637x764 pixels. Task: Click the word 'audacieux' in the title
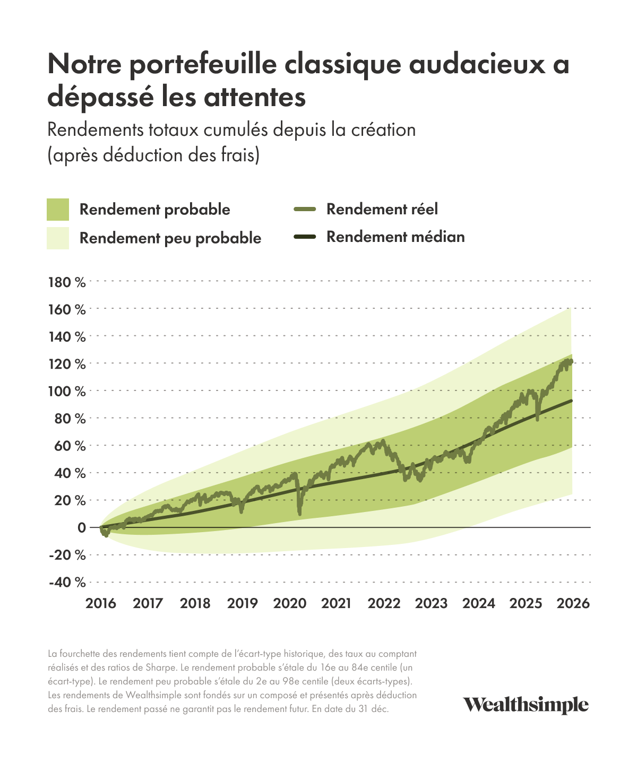pyautogui.click(x=477, y=64)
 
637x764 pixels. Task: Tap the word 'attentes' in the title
pyautogui.click(x=254, y=97)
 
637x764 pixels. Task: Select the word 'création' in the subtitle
pyautogui.click(x=383, y=130)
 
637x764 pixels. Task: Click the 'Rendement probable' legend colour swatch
pyautogui.click(x=58, y=209)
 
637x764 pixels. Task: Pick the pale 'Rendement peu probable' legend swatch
pyautogui.click(x=58, y=238)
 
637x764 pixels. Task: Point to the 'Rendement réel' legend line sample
pyautogui.click(x=305, y=209)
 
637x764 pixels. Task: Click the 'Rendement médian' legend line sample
pyautogui.click(x=305, y=237)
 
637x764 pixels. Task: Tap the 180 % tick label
pyautogui.click(x=67, y=282)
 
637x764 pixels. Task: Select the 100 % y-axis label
pyautogui.click(x=67, y=392)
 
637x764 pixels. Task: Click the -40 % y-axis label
pyautogui.click(x=67, y=582)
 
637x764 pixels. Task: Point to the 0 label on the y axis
pyautogui.click(x=82, y=527)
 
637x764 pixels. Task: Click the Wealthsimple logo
pyautogui.click(x=526, y=705)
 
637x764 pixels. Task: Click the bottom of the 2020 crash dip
pyautogui.click(x=300, y=514)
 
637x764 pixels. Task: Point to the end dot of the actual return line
pyautogui.click(x=571, y=362)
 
